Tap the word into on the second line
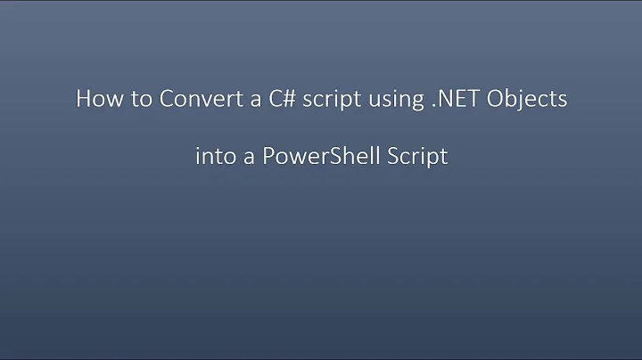(x=213, y=157)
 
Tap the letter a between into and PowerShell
(x=245, y=159)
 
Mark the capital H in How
(x=83, y=100)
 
